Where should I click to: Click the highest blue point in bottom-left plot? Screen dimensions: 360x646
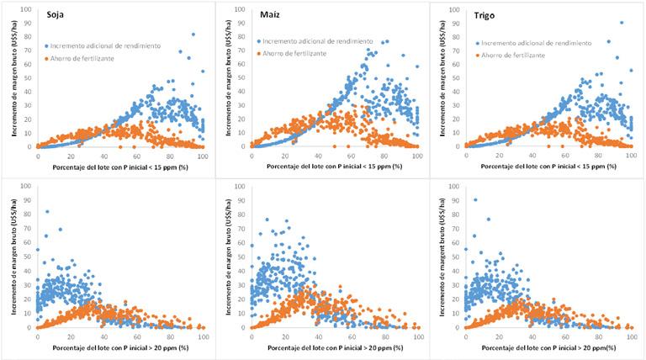point(47,211)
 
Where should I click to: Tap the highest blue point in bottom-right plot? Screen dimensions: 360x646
point(475,199)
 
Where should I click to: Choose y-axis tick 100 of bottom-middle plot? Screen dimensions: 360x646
point(240,187)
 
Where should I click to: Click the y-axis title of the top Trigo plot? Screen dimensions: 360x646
point(440,81)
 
